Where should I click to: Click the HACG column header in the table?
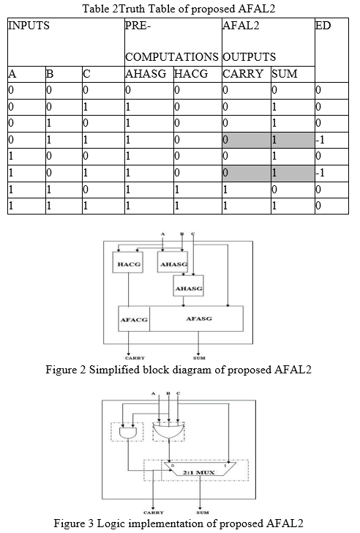(190, 74)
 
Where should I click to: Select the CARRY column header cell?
(247, 74)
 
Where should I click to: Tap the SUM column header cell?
(293, 74)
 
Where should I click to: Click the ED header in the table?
(323, 26)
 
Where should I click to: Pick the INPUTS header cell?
(66, 42)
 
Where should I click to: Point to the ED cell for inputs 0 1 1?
(331, 140)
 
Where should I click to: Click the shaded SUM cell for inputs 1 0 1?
(293, 173)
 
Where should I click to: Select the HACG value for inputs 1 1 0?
(198, 190)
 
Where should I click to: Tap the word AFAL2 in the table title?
(256, 9)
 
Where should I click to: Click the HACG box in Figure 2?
(128, 262)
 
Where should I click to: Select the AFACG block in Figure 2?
(134, 319)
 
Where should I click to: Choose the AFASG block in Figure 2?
(196, 319)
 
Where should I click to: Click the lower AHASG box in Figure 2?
(189, 286)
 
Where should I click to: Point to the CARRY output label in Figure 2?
(135, 358)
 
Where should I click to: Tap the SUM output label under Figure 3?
(203, 512)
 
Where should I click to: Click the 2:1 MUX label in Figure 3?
(199, 472)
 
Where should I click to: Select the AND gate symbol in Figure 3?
(128, 433)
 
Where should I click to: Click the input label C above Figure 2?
(193, 234)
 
